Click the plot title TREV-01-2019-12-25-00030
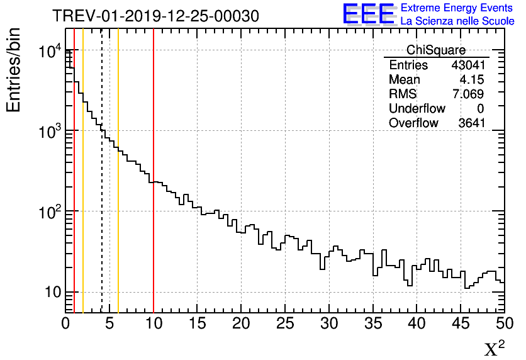155,16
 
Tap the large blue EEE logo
369,14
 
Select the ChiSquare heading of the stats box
436,50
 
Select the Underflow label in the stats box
417,109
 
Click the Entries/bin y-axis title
14,70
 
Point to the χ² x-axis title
494,348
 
